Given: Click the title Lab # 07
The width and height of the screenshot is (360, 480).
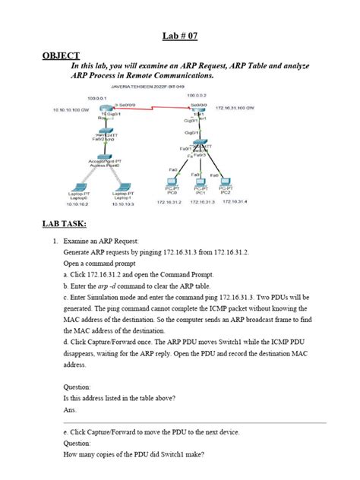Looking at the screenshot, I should [179, 36].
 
